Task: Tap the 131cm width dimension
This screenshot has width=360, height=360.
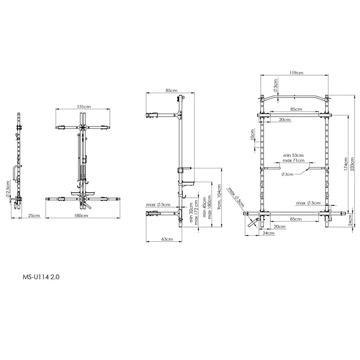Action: tap(83, 106)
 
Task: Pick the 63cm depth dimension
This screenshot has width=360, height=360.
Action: tap(165, 240)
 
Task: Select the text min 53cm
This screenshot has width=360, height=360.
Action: tap(293, 155)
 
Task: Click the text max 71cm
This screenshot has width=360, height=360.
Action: tap(294, 160)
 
